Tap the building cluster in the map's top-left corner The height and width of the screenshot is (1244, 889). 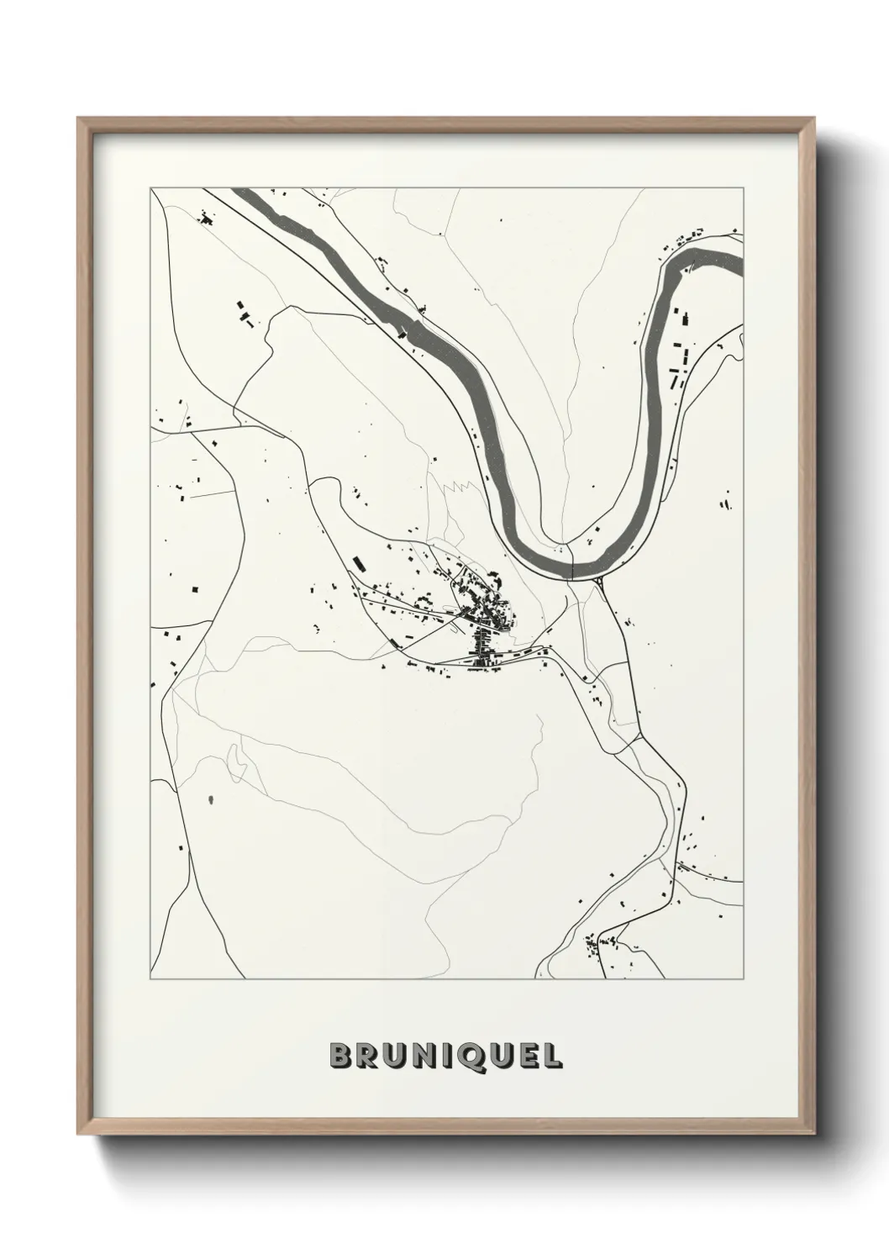click(x=204, y=219)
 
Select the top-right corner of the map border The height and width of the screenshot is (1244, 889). click(x=744, y=187)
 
